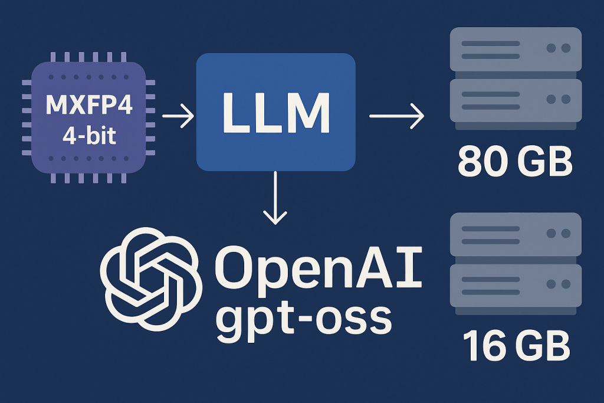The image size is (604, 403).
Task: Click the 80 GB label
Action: (x=515, y=163)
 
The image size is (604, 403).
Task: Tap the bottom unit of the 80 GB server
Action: (x=515, y=100)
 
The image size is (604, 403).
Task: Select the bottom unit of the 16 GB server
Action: (x=515, y=284)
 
